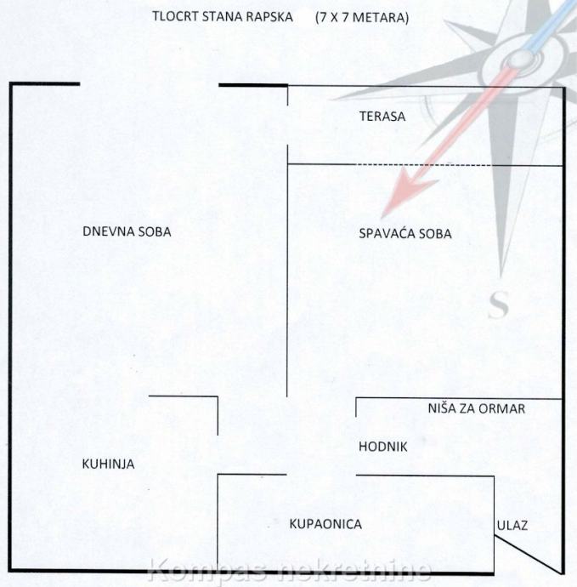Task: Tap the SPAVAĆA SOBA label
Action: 405,234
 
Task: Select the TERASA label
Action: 382,117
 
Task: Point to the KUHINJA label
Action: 108,464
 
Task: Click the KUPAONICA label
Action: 325,524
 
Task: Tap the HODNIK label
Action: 383,446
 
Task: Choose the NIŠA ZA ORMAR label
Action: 476,409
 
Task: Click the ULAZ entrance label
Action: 512,525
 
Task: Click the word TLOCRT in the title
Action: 173,16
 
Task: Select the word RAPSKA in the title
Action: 271,16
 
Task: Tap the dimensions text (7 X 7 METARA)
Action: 360,16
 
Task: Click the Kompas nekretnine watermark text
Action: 290,572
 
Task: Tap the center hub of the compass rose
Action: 516,58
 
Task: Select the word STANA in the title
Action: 223,16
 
